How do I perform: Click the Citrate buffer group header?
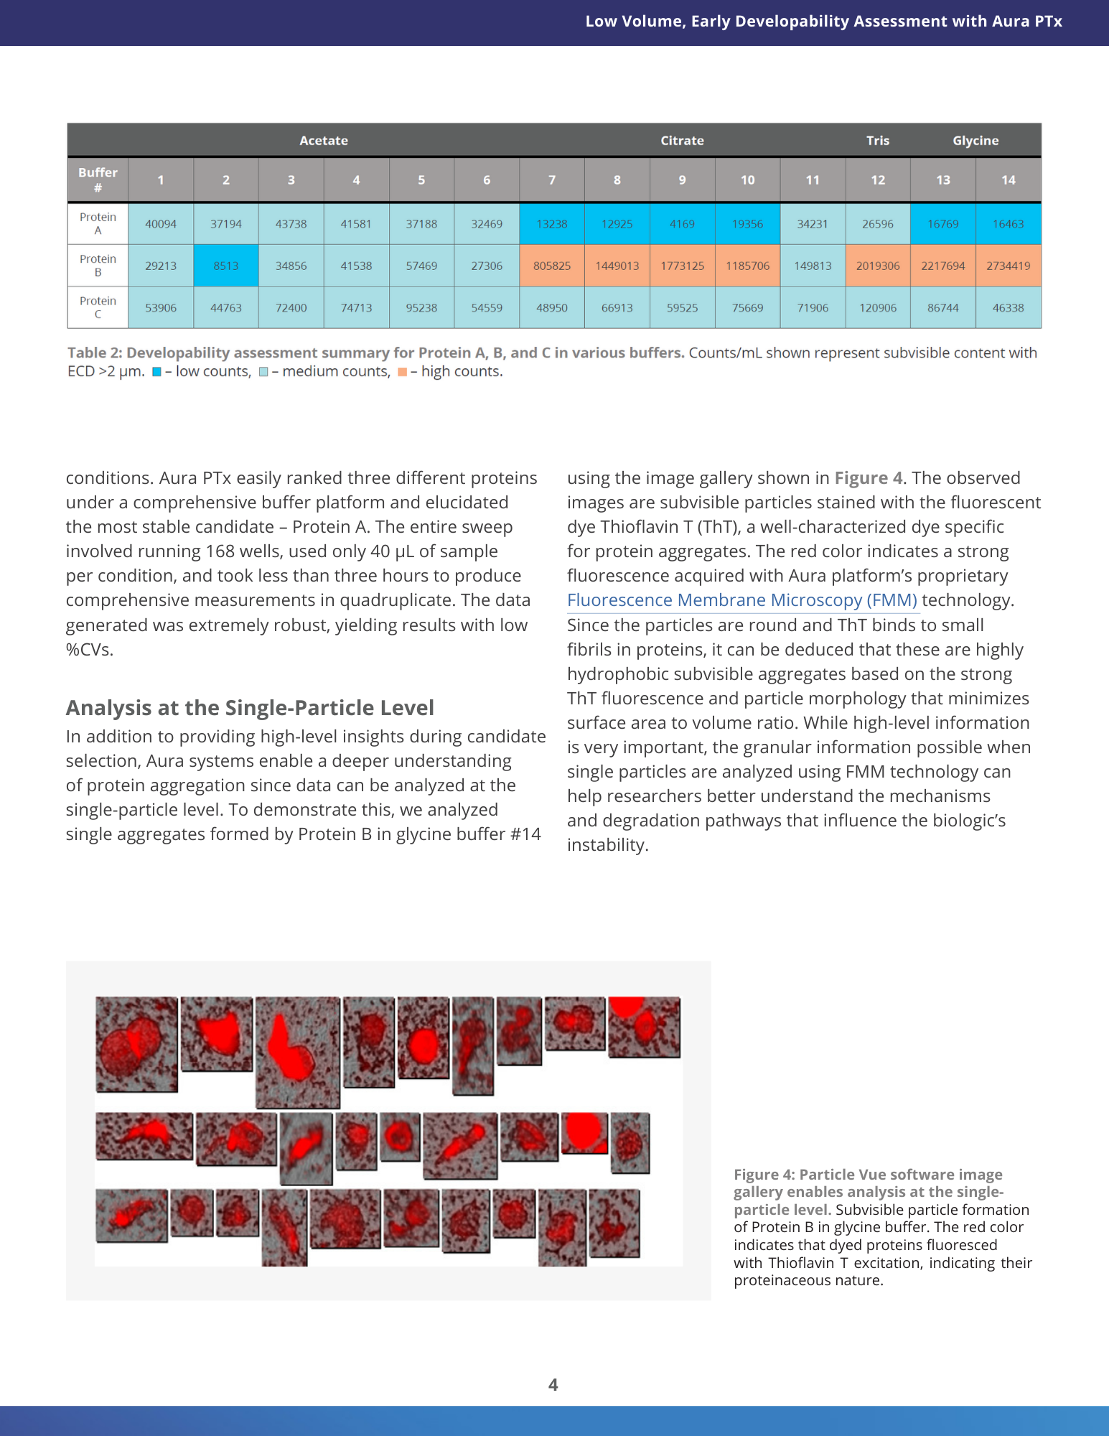(x=682, y=141)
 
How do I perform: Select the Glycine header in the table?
(x=975, y=141)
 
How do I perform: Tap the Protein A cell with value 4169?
(x=682, y=224)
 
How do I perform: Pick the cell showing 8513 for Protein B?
(x=225, y=266)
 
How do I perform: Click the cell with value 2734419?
(x=1008, y=266)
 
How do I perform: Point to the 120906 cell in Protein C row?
(x=877, y=308)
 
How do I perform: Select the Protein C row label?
(x=98, y=307)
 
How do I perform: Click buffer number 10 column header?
(x=747, y=180)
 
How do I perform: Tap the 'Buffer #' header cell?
(x=98, y=179)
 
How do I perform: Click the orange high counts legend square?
(x=402, y=372)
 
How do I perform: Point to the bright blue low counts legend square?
(x=156, y=372)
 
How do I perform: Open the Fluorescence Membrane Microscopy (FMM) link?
(x=741, y=600)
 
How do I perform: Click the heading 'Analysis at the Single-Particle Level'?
(x=250, y=708)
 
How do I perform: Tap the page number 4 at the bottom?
(x=553, y=1385)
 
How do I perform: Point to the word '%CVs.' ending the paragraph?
(x=90, y=650)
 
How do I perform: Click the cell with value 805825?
(x=551, y=266)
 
